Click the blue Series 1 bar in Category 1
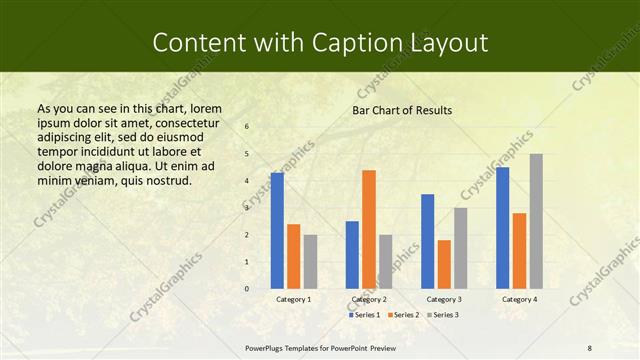coord(277,230)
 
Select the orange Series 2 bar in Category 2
coord(369,229)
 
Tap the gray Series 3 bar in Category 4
coord(536,221)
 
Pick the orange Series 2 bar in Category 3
coord(444,264)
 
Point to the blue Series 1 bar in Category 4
coord(502,227)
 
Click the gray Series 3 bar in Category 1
coord(310,261)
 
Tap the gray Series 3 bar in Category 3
coord(460,248)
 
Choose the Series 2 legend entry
coord(403,315)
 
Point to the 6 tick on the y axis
coord(247,126)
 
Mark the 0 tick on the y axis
coord(247,289)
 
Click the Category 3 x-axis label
coord(443,299)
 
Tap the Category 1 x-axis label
coord(293,299)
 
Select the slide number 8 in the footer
coord(589,347)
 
